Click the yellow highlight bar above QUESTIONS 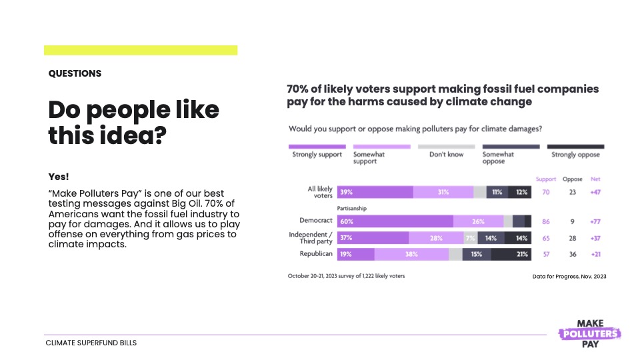pos(141,50)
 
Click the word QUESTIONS pos(75,74)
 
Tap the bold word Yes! pos(59,177)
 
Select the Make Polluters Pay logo pos(589,333)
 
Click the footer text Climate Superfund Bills pos(91,343)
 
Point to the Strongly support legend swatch pos(317,146)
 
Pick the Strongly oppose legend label pos(575,155)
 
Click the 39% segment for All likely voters pos(375,192)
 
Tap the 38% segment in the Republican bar pos(411,253)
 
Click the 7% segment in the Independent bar pos(469,237)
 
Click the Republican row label pos(315,253)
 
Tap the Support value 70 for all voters pos(545,192)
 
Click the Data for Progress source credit pos(569,276)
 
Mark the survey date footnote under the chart pos(346,275)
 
